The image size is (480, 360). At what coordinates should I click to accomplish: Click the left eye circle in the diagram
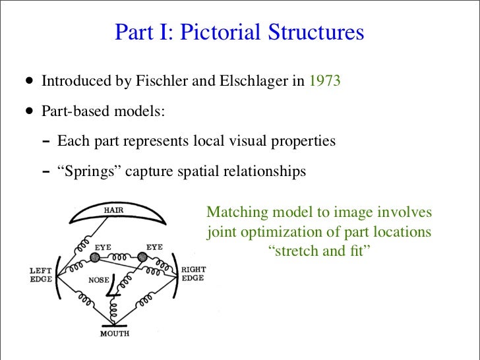(104, 258)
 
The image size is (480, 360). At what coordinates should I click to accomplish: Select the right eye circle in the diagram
(142, 258)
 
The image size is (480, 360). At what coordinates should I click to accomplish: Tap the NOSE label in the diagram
(98, 279)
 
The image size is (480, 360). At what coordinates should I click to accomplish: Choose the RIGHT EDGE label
(193, 274)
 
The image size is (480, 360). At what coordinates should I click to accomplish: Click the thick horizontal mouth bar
(115, 323)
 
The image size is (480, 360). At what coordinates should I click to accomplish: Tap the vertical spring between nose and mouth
(115, 307)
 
